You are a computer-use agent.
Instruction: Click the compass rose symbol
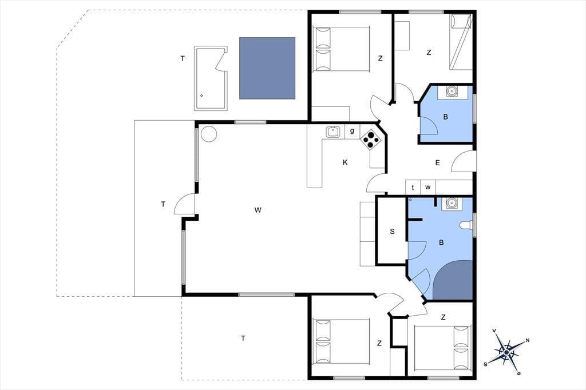506,352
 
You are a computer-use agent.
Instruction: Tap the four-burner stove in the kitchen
371,140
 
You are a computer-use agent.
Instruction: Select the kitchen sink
332,132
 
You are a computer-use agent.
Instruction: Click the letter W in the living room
258,210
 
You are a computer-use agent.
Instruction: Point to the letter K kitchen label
345,162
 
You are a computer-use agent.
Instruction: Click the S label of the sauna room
392,231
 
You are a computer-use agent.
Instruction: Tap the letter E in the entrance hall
438,162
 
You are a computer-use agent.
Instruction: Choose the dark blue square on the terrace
267,68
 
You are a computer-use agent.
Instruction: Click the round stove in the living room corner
208,134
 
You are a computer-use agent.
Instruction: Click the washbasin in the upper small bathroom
452,91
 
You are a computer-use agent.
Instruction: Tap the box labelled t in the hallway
413,187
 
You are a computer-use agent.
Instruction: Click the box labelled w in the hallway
428,187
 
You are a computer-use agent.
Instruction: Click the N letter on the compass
527,340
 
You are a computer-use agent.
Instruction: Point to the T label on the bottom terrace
243,339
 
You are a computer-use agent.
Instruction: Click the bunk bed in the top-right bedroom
461,42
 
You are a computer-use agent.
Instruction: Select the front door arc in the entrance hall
464,161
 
